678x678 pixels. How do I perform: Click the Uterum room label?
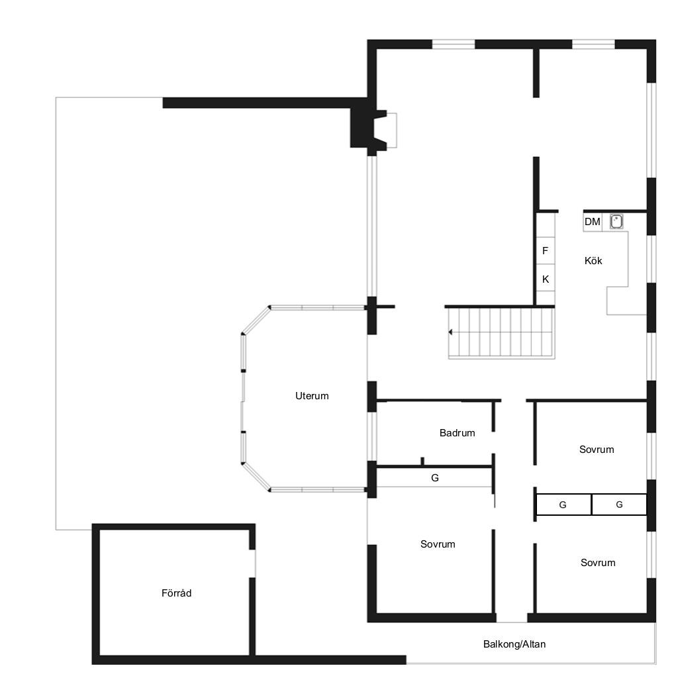(x=312, y=396)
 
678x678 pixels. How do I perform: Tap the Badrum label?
(x=457, y=433)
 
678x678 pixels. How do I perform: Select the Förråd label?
(x=176, y=593)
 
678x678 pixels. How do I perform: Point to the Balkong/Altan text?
(x=514, y=644)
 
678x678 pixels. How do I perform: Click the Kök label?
(x=593, y=261)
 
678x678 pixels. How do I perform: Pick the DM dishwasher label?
(x=593, y=222)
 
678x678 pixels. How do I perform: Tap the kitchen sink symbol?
(x=616, y=221)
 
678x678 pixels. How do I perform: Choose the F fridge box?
(x=546, y=251)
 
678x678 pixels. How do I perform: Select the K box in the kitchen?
(x=546, y=278)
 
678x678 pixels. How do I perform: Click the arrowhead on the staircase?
(x=450, y=332)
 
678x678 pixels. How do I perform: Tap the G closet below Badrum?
(x=434, y=478)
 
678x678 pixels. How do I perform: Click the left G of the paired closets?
(x=563, y=505)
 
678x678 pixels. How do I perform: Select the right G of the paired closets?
(x=619, y=505)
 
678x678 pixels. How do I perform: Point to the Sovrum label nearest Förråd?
(x=438, y=544)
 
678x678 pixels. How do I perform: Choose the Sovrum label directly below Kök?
(x=597, y=450)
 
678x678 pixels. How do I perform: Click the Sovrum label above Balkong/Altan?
(x=598, y=563)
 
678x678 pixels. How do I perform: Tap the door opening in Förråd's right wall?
(x=252, y=563)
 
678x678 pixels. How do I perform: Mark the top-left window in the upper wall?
(x=454, y=44)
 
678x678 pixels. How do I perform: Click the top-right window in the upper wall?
(x=593, y=44)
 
